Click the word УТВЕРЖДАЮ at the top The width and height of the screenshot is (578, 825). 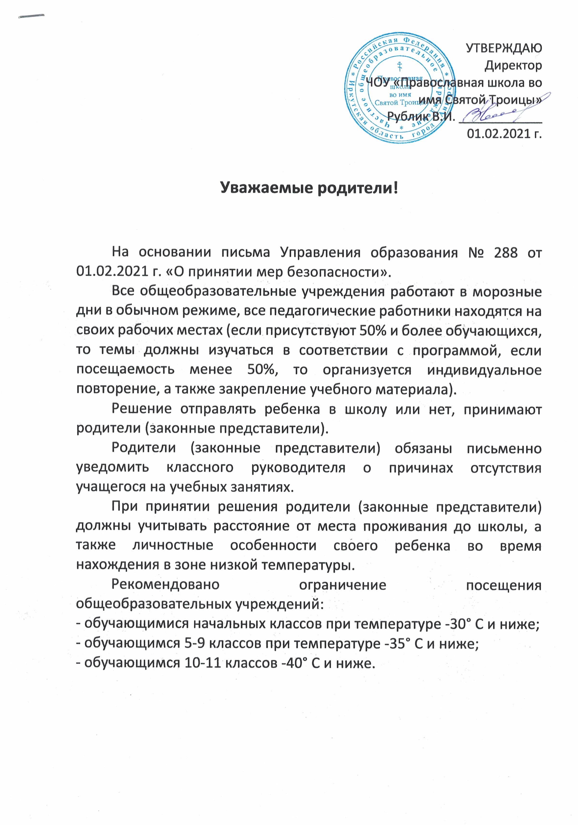(x=504, y=48)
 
